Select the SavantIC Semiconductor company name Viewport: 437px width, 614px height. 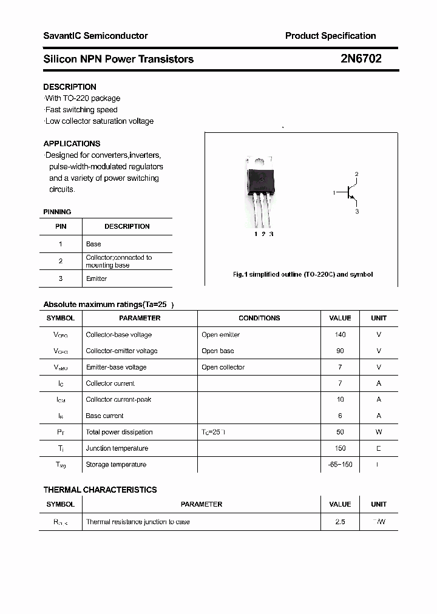point(95,36)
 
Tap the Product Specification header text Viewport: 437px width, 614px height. point(330,36)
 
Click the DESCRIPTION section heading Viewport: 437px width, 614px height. point(70,87)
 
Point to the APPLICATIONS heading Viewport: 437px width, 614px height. point(72,144)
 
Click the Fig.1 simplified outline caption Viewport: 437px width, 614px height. point(303,274)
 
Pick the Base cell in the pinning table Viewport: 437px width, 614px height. point(93,244)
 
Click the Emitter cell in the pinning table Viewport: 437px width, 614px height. point(97,278)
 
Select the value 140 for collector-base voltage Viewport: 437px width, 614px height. point(340,334)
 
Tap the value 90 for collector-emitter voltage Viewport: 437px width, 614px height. point(340,351)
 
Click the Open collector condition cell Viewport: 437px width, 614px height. point(223,367)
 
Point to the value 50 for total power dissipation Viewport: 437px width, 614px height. point(340,432)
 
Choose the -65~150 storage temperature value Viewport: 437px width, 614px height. point(340,465)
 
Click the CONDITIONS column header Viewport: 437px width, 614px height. point(259,318)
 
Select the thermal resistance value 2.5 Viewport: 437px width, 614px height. point(340,522)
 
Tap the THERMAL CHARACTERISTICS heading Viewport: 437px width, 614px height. point(100,490)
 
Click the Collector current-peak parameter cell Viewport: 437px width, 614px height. point(118,400)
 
